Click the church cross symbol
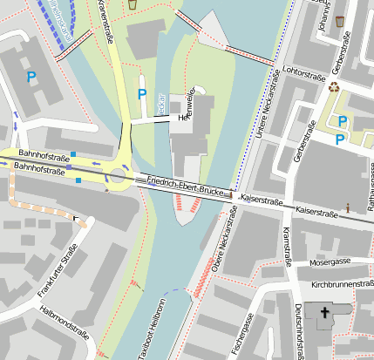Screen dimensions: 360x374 325,313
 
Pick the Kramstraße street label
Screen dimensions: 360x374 287,243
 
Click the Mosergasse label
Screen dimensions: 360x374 331,262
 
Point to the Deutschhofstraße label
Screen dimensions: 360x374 299,331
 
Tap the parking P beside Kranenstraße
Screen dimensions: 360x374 142,93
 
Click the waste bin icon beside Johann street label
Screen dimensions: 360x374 340,20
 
